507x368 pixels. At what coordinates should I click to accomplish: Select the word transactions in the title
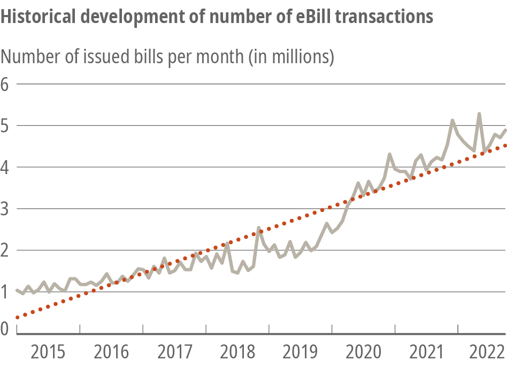391,17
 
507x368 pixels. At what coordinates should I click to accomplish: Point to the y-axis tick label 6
6,84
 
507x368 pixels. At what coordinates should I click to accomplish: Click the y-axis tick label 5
6,126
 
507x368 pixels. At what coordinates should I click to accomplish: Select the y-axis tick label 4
6,167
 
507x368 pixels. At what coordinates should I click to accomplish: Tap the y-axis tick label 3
6,209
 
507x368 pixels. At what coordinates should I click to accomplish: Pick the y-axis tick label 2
6,250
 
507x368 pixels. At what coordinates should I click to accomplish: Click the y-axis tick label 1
6,292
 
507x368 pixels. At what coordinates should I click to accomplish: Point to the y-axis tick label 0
6,328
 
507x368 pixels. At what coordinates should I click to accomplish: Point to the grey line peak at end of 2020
389,154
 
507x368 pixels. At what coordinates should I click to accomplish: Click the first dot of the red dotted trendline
17,318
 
